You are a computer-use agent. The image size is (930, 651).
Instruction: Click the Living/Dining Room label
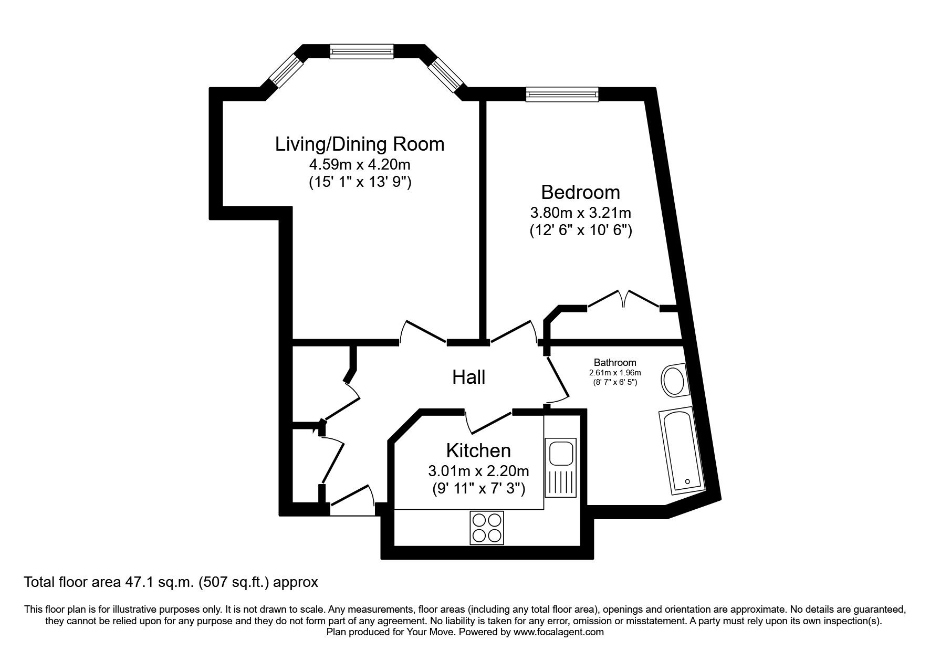(x=360, y=144)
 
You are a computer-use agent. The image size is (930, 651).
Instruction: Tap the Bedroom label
(x=580, y=192)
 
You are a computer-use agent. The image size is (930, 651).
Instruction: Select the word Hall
(x=468, y=377)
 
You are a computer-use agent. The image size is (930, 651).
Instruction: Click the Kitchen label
(x=478, y=450)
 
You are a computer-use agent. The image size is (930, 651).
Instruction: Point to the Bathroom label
(x=615, y=362)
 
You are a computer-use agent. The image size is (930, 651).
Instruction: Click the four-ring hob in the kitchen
(x=486, y=527)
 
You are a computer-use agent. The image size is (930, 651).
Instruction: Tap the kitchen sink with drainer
(x=560, y=467)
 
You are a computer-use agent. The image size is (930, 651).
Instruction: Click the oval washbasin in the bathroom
(x=673, y=381)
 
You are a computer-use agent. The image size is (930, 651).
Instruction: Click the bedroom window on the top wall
(x=562, y=94)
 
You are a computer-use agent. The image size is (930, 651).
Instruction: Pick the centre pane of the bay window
(x=361, y=51)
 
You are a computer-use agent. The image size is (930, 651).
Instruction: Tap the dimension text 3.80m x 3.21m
(x=580, y=213)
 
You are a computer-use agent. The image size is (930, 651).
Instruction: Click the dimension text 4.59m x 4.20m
(x=360, y=164)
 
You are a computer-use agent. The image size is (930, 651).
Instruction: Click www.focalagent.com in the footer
(x=558, y=632)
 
